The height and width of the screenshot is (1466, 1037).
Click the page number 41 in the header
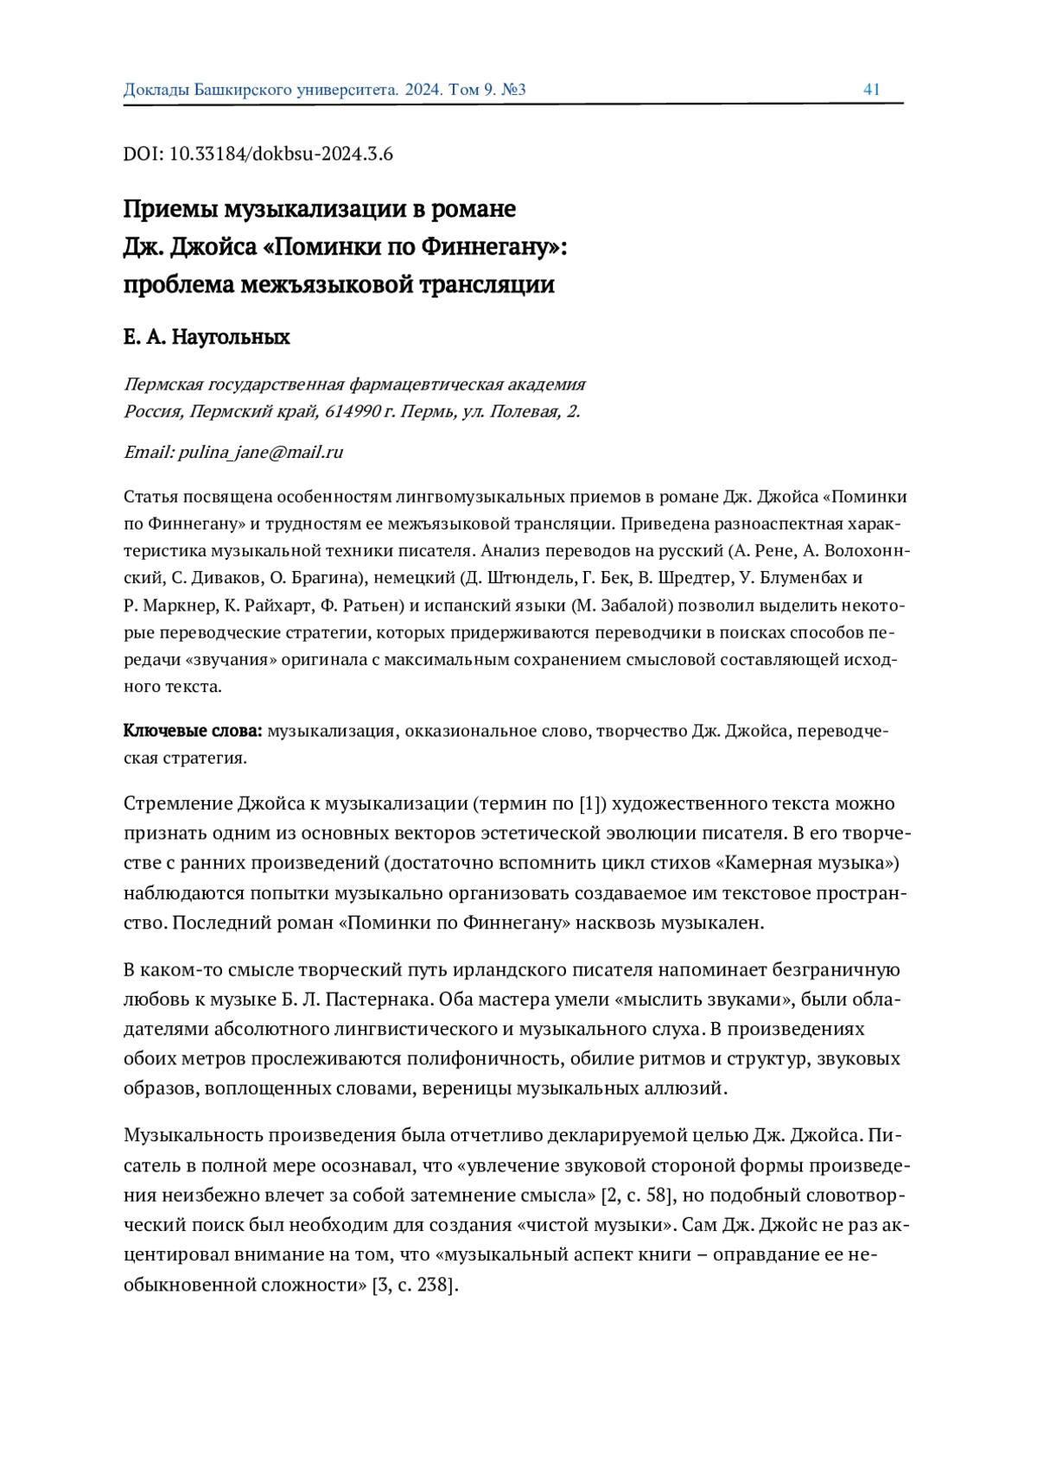871,90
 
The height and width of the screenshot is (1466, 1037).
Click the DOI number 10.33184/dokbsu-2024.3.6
281,155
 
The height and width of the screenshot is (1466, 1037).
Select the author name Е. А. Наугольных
207,337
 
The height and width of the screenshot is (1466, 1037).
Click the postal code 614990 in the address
352,411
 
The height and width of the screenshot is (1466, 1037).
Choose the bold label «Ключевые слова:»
193,731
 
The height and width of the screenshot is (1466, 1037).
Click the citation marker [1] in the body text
588,804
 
